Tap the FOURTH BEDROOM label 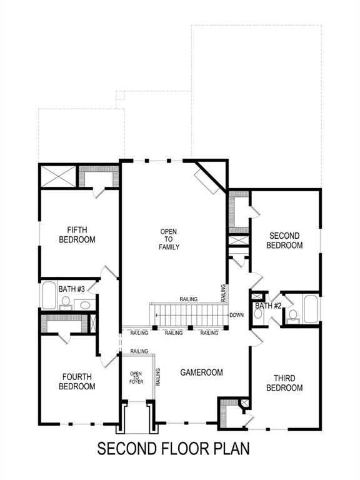pos(77,381)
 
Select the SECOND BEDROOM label pos(284,240)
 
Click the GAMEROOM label pos(202,372)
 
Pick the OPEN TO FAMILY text pos(169,239)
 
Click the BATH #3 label pos(68,289)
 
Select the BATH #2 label pos(267,306)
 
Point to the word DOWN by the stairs pos(236,315)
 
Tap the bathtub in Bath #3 pos(49,296)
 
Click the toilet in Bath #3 pos(65,303)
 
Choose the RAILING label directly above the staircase pos(188,299)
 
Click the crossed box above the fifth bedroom pos(57,176)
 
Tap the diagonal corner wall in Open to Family pos(210,176)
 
